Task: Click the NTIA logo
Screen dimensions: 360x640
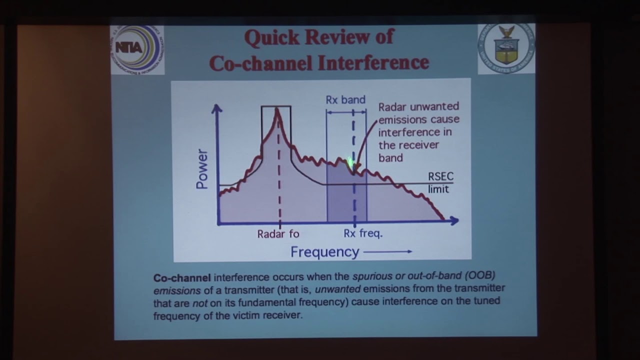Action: (137, 49)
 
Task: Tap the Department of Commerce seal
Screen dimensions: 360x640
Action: (506, 48)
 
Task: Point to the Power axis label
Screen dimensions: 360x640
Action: (201, 169)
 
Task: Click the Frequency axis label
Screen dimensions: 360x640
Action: (325, 252)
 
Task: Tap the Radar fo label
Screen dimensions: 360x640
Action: (278, 234)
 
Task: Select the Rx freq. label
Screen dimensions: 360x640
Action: (363, 233)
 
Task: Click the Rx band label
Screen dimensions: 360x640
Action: (345, 99)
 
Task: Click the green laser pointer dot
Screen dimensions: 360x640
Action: (350, 162)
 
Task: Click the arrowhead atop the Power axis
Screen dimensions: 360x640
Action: (217, 108)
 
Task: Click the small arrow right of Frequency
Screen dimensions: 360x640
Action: (388, 251)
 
